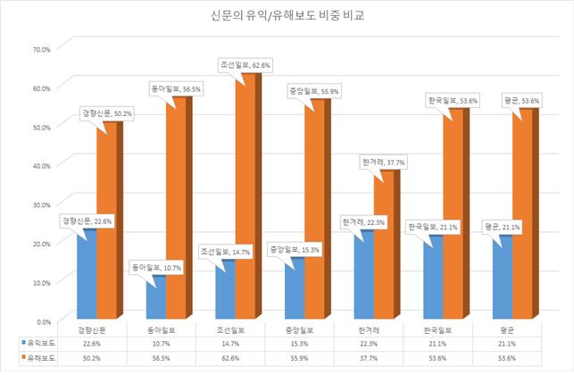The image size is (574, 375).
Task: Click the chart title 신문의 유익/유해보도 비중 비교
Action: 287,16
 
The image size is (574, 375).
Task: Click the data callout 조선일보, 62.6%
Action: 245,65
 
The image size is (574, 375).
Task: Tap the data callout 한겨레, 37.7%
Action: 384,162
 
